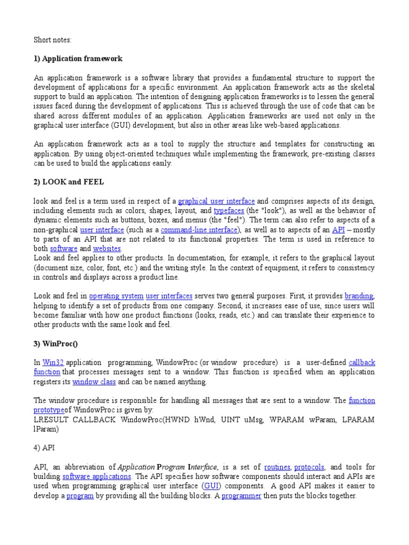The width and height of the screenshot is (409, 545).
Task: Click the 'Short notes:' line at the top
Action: pos(52,39)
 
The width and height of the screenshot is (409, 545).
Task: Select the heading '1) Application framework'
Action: pos(78,59)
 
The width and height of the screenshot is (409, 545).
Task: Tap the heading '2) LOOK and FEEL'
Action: pos(69,181)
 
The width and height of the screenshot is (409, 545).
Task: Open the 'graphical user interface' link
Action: pos(216,201)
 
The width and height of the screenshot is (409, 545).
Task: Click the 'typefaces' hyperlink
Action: pos(228,211)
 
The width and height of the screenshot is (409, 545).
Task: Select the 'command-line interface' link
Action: pos(199,230)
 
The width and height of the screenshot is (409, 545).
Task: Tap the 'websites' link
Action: pos(107,249)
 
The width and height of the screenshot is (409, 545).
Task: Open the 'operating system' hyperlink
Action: pos(116,296)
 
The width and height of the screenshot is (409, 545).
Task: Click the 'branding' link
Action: pos(359,296)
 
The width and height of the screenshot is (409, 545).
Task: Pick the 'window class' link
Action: pos(94,382)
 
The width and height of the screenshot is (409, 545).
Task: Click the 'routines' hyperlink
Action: pos(277,467)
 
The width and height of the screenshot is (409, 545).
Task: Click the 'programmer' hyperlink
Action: pos(241,496)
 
